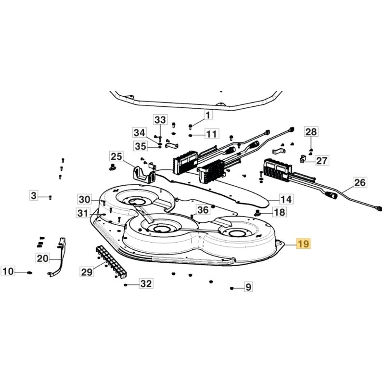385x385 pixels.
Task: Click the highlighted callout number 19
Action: pos(304,244)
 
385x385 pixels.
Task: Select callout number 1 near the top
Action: pos(208,115)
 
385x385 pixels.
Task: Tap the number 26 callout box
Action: pos(360,182)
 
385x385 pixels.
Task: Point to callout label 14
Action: pos(286,199)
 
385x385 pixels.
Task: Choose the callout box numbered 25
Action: pos(116,156)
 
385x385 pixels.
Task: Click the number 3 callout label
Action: pos(33,196)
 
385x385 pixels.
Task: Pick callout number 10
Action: pos(9,271)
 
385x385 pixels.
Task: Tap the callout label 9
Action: pos(248,288)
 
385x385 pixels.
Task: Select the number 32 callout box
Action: pos(146,284)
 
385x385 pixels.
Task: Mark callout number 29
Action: pos(87,272)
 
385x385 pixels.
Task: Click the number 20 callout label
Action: pos(42,258)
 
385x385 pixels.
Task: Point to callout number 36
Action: pos(204,210)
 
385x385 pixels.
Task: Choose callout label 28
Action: pos(311,132)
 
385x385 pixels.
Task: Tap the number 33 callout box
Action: pos(160,119)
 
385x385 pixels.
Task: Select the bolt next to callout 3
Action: pos(50,197)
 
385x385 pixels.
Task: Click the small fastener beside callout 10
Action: pos(29,272)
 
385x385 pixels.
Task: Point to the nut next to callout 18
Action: pos(257,212)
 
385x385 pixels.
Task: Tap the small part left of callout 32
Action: pos(126,285)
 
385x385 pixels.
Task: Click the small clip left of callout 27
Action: pos(303,159)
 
